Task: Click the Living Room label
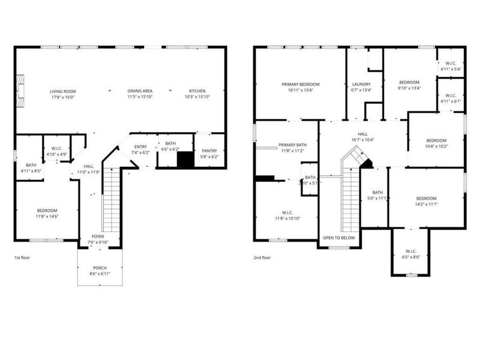tap(62, 91)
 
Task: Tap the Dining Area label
tap(140, 91)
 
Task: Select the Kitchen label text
tap(197, 91)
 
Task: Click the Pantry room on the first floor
tap(209, 154)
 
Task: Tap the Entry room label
tap(140, 147)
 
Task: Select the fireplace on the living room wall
tap(20, 90)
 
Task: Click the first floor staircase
tap(111, 201)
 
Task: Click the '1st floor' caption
tap(22, 257)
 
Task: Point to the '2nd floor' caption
tap(263, 257)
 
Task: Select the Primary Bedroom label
tap(300, 85)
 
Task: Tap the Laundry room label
tap(361, 85)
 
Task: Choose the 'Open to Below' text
tap(339, 238)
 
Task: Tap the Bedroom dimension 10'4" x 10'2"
tap(436, 146)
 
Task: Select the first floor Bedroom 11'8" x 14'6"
tap(47, 214)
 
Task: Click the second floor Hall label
tap(362, 134)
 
